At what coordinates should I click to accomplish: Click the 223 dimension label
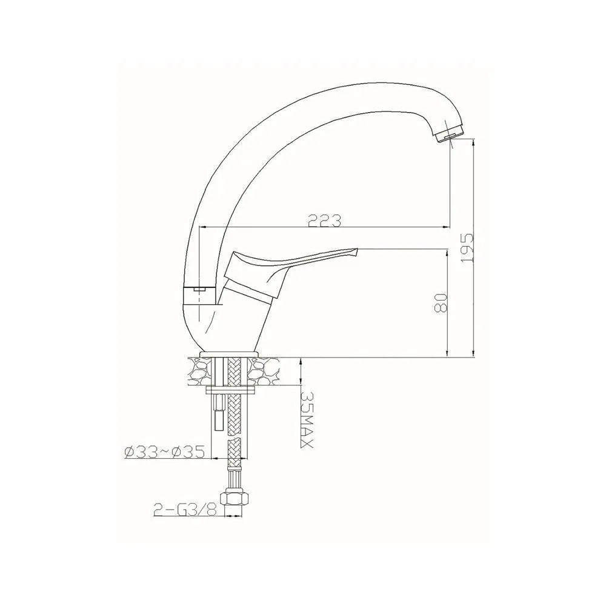tap(325, 221)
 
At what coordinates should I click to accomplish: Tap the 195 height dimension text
tap(467, 248)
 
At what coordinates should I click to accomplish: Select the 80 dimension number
tap(441, 302)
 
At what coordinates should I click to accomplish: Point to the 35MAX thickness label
tap(307, 420)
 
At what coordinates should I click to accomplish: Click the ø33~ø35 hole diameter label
tap(164, 452)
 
